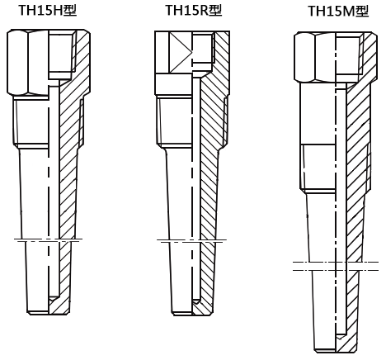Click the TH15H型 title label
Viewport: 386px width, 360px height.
[x=48, y=10]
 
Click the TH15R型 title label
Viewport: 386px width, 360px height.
[x=194, y=10]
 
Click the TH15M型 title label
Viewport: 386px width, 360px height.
[x=338, y=11]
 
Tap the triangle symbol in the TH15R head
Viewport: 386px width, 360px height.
[x=181, y=53]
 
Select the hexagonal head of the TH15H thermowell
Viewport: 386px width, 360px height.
[x=49, y=62]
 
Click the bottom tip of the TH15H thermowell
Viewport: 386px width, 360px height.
[x=49, y=313]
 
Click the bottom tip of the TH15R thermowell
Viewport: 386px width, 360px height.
[x=192, y=314]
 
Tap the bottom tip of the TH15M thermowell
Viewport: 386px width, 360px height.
[x=336, y=352]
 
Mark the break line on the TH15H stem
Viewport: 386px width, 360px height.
[x=49, y=240]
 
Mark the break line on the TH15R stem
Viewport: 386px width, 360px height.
[x=192, y=241]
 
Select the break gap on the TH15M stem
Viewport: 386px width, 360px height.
[x=336, y=266]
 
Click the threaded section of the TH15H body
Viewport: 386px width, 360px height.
[x=49, y=121]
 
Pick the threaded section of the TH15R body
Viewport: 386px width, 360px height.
[x=192, y=121]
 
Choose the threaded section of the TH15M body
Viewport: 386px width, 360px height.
[x=336, y=167]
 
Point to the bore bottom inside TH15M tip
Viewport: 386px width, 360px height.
[x=341, y=336]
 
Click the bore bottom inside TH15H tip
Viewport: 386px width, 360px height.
[x=54, y=299]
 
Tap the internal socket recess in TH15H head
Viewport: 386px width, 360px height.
[x=63, y=54]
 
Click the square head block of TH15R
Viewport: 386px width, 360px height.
[x=192, y=63]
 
